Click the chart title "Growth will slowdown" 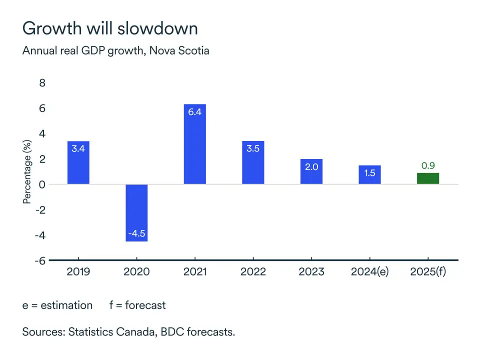coord(110,28)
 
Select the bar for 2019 coord(78,162)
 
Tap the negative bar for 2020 coord(136,212)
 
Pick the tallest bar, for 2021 coord(194,144)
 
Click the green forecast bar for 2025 coord(428,178)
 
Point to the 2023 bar coord(311,171)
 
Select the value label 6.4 coord(194,112)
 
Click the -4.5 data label coord(136,233)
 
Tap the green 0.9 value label coord(428,165)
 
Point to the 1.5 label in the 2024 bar coord(369,173)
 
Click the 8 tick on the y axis coord(42,83)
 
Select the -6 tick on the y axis coord(40,260)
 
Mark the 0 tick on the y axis coord(42,184)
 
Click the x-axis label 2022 coord(253,272)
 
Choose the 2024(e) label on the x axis coord(370,272)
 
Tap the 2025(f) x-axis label coord(428,272)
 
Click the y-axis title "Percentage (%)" coord(27,171)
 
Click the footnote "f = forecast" coord(137,305)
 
